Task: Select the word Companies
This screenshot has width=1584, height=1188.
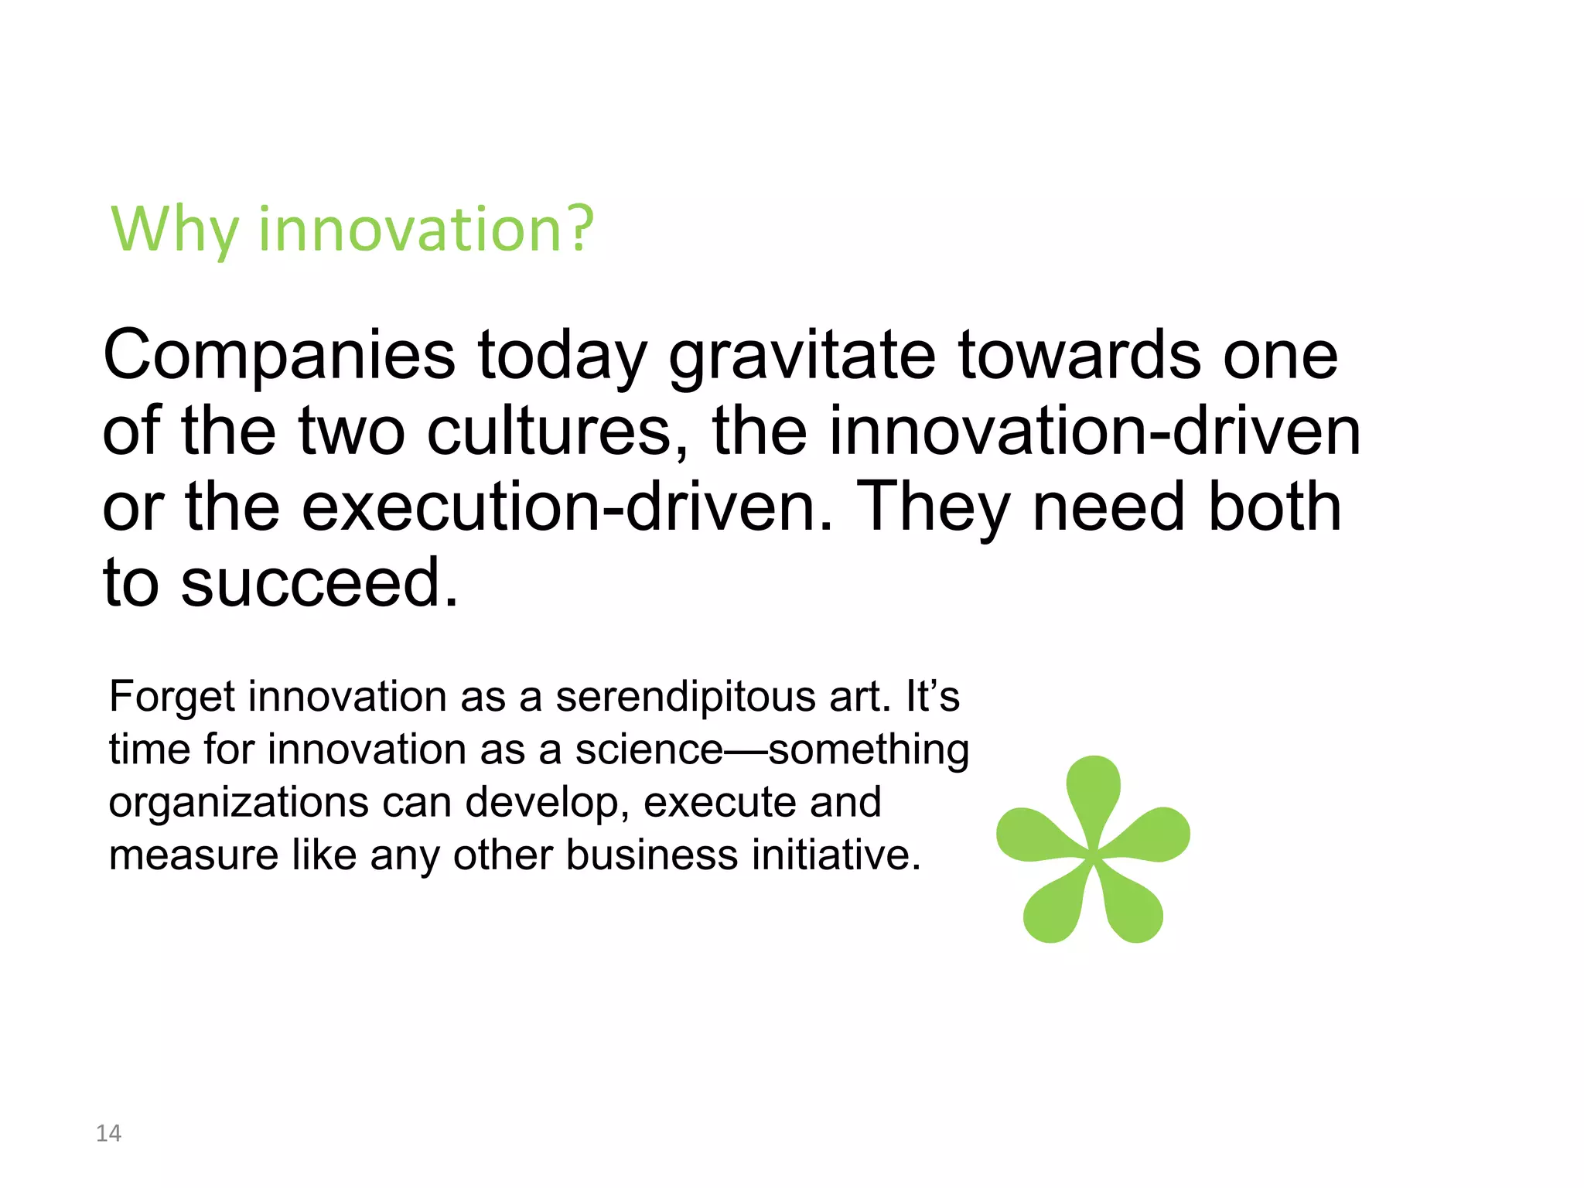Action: (x=278, y=356)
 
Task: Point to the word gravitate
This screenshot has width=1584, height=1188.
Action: (x=802, y=356)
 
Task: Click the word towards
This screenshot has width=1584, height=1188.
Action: (x=1079, y=356)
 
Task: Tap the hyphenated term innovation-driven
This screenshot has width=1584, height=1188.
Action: (x=1094, y=431)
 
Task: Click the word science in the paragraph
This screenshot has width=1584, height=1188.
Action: (x=648, y=749)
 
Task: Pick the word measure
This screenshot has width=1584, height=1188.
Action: (x=193, y=855)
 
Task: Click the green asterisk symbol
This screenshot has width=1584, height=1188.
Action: (x=1093, y=851)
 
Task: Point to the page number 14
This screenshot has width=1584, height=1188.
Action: (x=108, y=1133)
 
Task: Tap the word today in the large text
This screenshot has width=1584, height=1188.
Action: (x=562, y=356)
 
